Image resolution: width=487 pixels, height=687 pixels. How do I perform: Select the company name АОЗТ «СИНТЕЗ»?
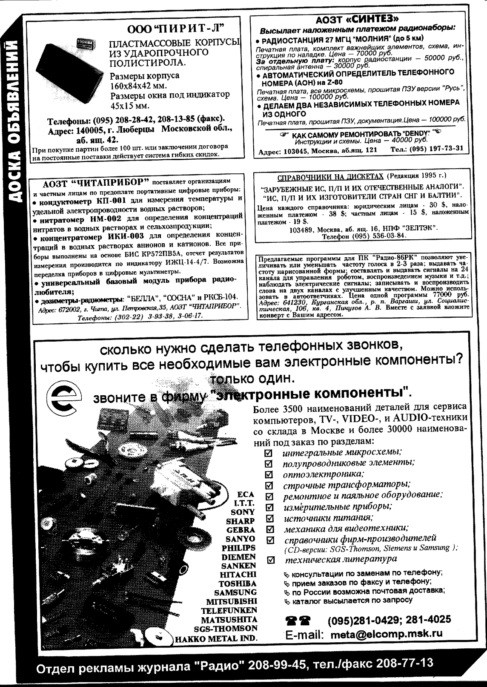coord(358,19)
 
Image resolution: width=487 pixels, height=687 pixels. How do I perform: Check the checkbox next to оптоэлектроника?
coord(269,474)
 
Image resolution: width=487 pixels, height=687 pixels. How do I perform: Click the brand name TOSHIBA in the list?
coord(237,584)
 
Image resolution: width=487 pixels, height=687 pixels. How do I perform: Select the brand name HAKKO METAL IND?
coord(215,638)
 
